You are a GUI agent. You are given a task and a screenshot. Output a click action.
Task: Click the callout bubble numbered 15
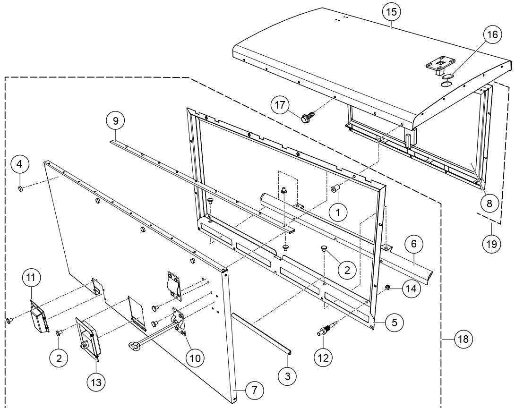pyautogui.click(x=392, y=12)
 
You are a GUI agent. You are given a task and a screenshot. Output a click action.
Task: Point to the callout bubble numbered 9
pyautogui.click(x=116, y=121)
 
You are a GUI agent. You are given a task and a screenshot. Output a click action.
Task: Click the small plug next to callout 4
pyautogui.click(x=21, y=189)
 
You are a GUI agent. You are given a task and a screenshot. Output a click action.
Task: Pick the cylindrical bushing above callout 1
pyautogui.click(x=335, y=189)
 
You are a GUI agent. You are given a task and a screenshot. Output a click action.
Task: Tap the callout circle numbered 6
pyautogui.click(x=414, y=245)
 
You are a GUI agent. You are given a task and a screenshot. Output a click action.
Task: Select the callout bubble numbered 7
pyautogui.click(x=255, y=390)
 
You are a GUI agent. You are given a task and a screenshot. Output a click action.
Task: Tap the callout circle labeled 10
pyautogui.click(x=194, y=357)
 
